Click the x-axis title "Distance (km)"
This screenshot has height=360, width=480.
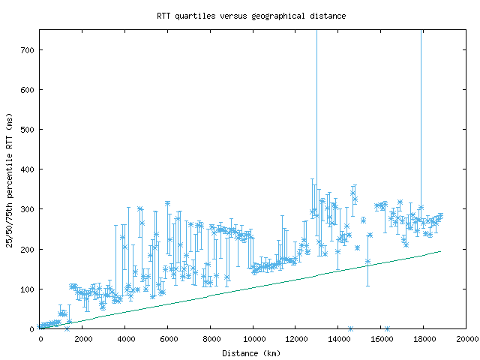[x=251, y=352]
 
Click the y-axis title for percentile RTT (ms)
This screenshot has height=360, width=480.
[x=9, y=179]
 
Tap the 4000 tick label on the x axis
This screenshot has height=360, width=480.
[x=125, y=340]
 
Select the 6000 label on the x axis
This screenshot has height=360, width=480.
[x=168, y=340]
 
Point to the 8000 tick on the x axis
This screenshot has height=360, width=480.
[x=211, y=340]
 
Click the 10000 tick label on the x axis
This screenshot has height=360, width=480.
[x=253, y=340]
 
